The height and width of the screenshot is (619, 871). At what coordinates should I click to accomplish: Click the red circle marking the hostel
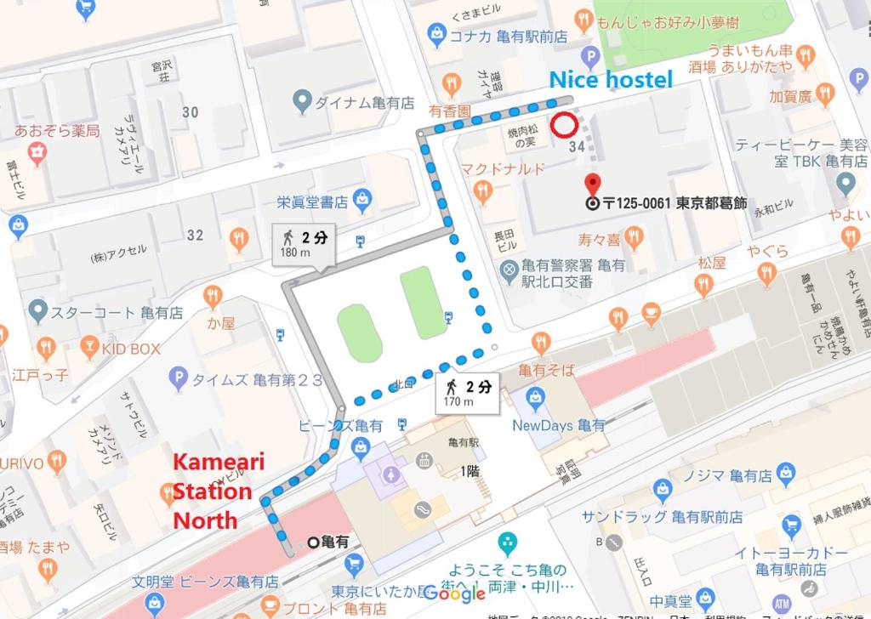coord(565,126)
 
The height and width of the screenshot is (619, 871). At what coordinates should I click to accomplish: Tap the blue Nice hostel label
coord(611,80)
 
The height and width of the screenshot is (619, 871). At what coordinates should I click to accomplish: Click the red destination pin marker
coord(593,185)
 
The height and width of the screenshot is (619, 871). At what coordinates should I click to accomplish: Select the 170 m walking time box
coord(465,393)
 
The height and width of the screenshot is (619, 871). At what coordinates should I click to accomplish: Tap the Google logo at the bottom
coord(453,593)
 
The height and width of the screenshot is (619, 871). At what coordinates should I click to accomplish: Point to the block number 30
coord(190,112)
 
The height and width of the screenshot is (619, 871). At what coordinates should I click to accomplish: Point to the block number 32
coord(195,235)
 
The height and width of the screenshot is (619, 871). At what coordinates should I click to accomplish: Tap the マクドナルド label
coord(504,168)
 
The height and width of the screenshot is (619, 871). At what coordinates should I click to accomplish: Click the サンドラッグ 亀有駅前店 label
coord(663,516)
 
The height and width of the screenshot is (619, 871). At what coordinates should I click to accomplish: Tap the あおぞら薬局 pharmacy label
coord(57,130)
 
